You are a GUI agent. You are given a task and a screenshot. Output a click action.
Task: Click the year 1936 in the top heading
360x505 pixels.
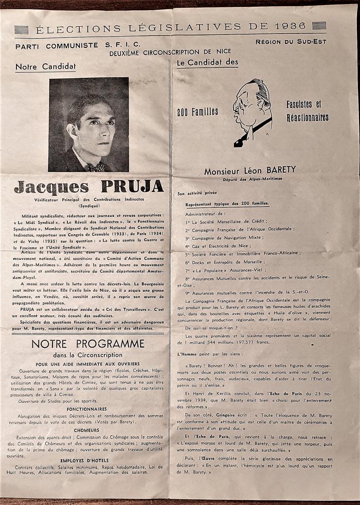(x=290, y=26)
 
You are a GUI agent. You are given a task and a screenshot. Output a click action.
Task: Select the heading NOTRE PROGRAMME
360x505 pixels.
(x=88, y=343)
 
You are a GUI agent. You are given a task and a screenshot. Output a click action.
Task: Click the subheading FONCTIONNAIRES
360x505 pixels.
(x=86, y=409)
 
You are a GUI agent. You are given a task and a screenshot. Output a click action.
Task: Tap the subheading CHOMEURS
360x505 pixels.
(x=86, y=430)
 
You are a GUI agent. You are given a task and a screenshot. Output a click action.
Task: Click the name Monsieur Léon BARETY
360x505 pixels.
(x=250, y=170)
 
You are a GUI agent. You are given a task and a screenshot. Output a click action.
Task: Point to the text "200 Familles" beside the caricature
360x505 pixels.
(x=198, y=111)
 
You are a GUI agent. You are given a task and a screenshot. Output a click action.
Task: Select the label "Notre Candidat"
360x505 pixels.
(x=45, y=67)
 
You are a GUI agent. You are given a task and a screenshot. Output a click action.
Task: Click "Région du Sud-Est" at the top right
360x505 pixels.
(x=291, y=42)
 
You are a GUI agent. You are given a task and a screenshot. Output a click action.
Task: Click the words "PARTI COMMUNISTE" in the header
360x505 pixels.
(x=56, y=45)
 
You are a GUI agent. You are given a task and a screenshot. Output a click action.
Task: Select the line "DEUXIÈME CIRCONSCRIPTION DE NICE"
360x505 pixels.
(x=170, y=52)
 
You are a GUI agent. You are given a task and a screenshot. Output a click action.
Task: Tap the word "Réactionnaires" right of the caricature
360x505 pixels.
(x=308, y=117)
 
